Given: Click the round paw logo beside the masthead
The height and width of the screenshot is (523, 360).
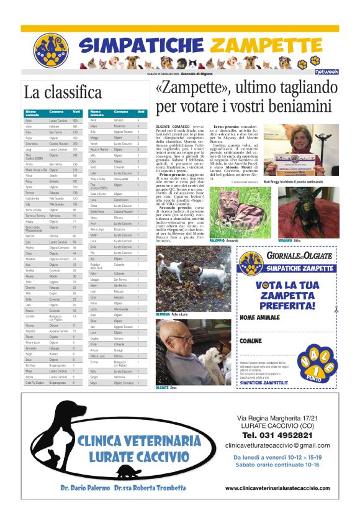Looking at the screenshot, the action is tap(50, 50).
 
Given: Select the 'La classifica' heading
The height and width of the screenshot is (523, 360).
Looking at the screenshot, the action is tap(62, 93).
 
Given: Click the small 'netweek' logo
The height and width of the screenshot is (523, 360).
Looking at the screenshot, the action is tap(327, 73).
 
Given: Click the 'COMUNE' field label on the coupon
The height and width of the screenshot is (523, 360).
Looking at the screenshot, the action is tap(251, 341).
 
